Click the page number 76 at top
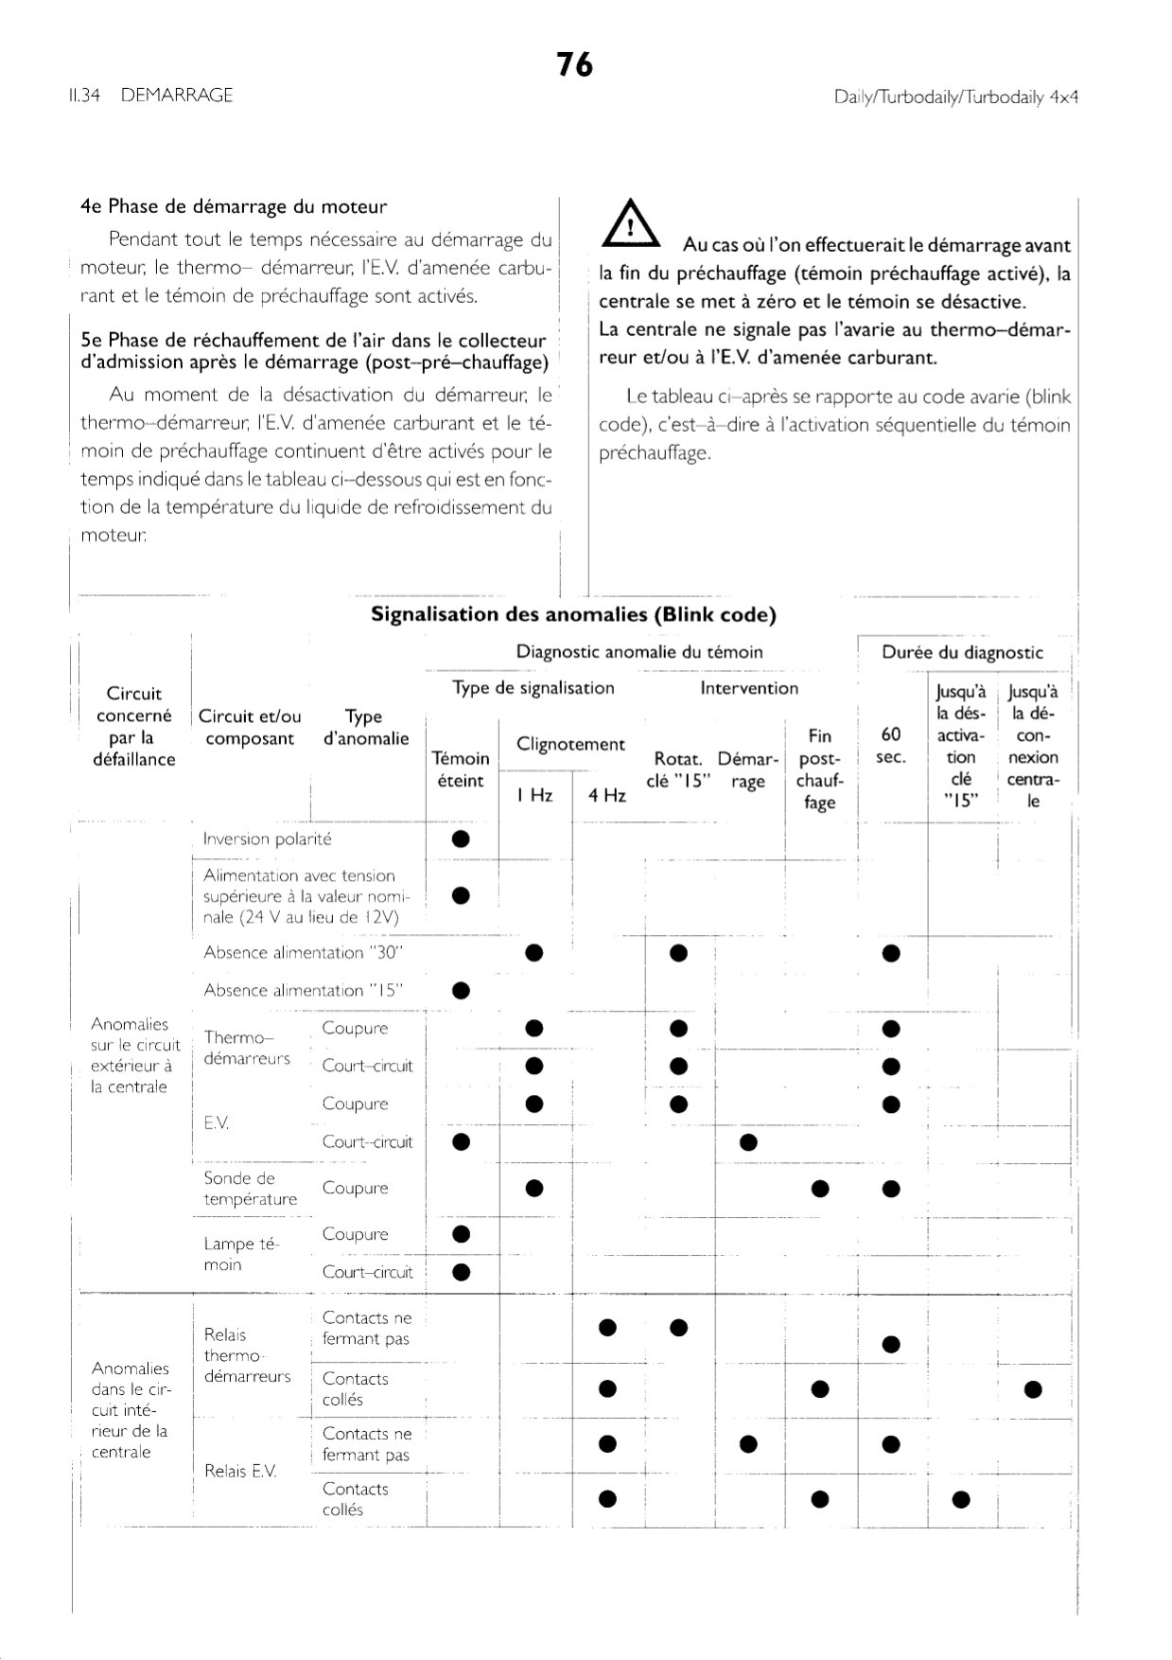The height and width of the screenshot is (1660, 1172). pos(574,64)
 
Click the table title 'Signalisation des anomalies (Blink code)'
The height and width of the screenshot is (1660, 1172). pos(573,614)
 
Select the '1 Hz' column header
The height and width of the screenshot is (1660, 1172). pos(534,795)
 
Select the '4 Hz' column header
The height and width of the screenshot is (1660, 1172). pos(606,795)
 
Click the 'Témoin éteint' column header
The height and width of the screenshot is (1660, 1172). pos(461,769)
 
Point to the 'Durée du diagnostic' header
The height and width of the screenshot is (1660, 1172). pos(962,652)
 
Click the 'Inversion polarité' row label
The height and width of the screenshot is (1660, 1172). pos(268,839)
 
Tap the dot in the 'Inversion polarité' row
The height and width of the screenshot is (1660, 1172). pos(462,839)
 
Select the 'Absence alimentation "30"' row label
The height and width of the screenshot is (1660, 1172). pos(296,953)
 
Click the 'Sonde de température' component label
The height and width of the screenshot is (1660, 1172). pos(251,1189)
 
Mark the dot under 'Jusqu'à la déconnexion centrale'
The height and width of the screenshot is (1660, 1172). pos(1033,1389)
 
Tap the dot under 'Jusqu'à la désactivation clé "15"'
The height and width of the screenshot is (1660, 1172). pos(961,1498)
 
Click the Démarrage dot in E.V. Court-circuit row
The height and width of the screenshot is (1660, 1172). pos(748,1142)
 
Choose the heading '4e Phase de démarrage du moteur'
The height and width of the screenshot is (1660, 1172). pos(234,206)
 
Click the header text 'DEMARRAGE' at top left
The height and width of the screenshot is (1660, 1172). pos(177,96)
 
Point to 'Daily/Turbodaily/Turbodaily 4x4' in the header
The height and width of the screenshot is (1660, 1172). pos(956,97)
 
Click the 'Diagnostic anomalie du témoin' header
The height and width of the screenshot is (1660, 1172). pos(639,652)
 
